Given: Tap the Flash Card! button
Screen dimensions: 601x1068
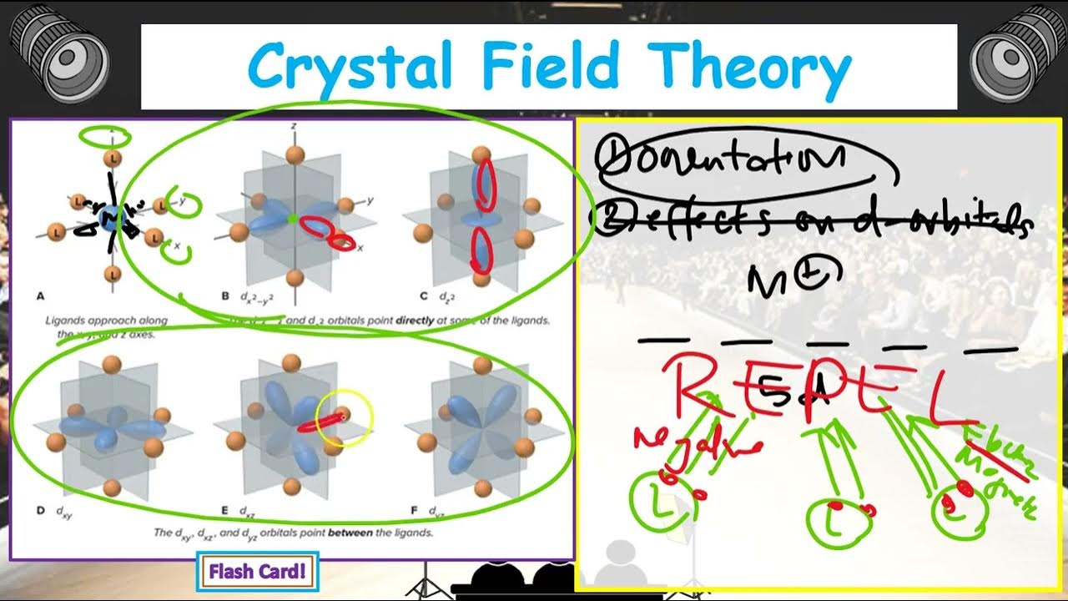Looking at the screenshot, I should click(257, 572).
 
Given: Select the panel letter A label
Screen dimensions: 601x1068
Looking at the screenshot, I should click(41, 295).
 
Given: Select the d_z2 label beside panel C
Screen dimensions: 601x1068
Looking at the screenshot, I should click(450, 295).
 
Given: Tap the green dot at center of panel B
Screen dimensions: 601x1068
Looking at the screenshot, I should click(292, 219).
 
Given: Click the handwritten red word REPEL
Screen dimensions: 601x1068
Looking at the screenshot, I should click(818, 386).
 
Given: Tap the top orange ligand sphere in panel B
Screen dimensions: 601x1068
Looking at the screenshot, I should click(294, 154).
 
